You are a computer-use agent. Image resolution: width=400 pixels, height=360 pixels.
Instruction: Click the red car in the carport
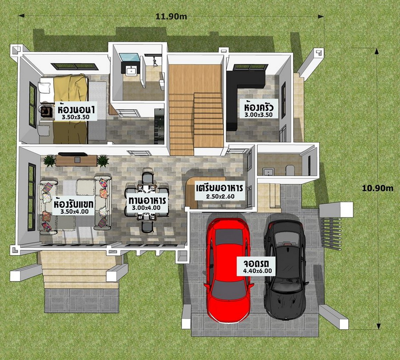(x=228, y=270)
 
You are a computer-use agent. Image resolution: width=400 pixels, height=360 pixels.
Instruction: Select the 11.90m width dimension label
(x=171, y=16)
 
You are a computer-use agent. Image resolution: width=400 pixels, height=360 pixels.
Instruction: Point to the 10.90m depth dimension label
(x=377, y=188)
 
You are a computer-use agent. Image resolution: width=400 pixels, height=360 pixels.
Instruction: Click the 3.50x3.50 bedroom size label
(x=76, y=117)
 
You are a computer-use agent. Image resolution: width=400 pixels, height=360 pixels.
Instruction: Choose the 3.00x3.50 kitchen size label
(x=258, y=115)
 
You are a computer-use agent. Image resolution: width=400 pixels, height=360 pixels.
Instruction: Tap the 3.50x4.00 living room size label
(x=75, y=211)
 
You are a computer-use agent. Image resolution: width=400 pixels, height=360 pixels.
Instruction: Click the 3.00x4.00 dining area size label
(x=146, y=208)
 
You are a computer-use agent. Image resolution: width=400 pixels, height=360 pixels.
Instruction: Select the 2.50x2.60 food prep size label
(x=220, y=197)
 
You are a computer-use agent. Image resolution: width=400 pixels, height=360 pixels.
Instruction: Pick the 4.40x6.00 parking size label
(x=257, y=271)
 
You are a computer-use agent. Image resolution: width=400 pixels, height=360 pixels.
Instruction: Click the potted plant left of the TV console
(x=49, y=161)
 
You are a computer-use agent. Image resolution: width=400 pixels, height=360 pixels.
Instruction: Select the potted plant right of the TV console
(x=103, y=161)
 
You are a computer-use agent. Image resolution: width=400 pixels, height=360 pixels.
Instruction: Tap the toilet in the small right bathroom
(x=290, y=170)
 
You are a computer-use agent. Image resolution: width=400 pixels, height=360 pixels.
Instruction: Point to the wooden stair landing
(x=195, y=79)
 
